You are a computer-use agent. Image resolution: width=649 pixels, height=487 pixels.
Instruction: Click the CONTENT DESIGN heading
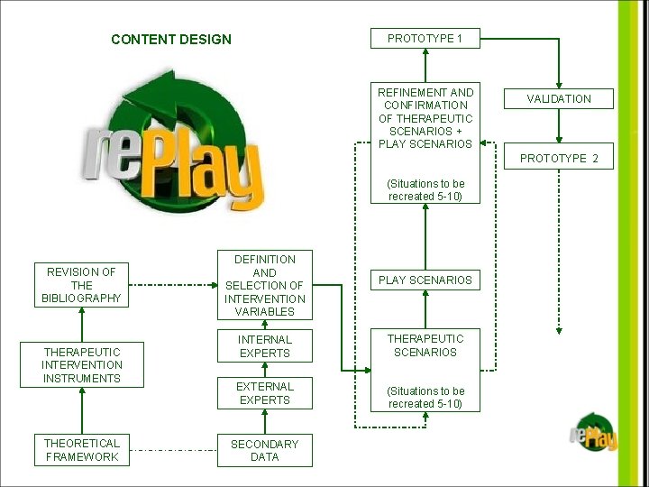tap(170, 40)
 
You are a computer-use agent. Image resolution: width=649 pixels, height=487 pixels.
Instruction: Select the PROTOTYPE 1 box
tap(425, 38)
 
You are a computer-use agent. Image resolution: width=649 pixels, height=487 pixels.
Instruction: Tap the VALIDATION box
tap(559, 99)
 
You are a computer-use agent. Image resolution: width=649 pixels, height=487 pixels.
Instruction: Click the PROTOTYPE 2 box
tap(559, 158)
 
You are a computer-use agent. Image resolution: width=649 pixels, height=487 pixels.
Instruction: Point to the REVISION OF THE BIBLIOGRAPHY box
tap(81, 285)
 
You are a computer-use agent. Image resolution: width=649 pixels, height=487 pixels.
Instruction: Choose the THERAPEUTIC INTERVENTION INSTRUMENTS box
tap(81, 365)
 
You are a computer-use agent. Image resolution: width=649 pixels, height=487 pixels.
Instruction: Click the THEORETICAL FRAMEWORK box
tap(81, 450)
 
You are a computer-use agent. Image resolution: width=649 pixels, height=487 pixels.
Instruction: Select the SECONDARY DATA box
tap(264, 450)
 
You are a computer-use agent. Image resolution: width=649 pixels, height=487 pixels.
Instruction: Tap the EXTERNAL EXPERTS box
tap(264, 393)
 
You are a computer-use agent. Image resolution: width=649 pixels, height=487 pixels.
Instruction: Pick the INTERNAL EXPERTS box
tap(264, 346)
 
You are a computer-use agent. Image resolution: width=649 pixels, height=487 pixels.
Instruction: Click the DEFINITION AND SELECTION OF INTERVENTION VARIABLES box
tap(264, 285)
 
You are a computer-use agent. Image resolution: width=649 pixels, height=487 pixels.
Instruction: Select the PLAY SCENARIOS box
tap(425, 280)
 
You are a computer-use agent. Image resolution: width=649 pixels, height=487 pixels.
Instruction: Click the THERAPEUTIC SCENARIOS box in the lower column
tap(425, 345)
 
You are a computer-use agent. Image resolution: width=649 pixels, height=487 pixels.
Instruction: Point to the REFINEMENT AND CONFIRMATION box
tap(425, 117)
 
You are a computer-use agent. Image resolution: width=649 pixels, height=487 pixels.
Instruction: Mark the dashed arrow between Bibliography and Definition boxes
tap(169, 285)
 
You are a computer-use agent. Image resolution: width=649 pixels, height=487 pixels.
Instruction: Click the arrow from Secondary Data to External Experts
tap(264, 421)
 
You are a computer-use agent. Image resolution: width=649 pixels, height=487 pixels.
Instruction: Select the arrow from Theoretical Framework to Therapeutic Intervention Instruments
tap(81, 410)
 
